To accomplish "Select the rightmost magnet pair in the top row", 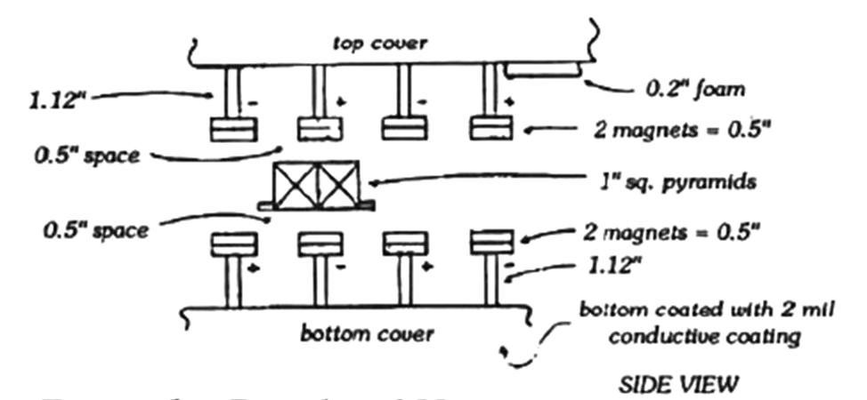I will point(490,128).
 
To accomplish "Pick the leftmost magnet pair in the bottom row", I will point(235,242).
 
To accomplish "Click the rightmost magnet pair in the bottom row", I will point(490,242).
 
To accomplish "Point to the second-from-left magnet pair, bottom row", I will point(320,242).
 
